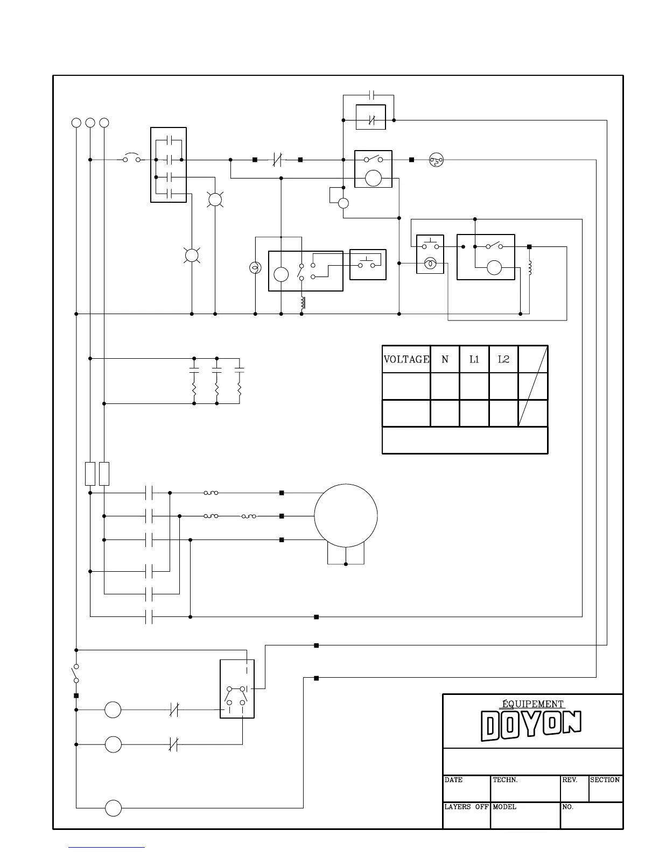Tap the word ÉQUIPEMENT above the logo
click(x=532, y=704)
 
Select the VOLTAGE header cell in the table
click(x=406, y=359)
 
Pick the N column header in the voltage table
click(x=445, y=359)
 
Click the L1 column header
click(x=474, y=359)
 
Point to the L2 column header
click(x=503, y=359)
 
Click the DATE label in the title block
click(x=453, y=780)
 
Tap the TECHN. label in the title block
click(x=505, y=780)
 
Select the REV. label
click(x=570, y=780)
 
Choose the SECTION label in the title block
click(x=605, y=780)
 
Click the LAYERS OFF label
click(x=466, y=807)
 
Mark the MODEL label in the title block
click(x=504, y=807)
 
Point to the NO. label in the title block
click(x=567, y=807)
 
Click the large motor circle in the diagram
click(x=346, y=484)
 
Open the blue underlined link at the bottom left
click(x=107, y=847)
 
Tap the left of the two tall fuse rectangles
click(x=90, y=474)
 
